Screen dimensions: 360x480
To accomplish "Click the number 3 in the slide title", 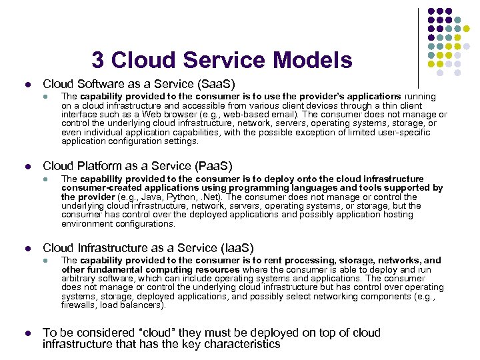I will click(98, 61).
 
